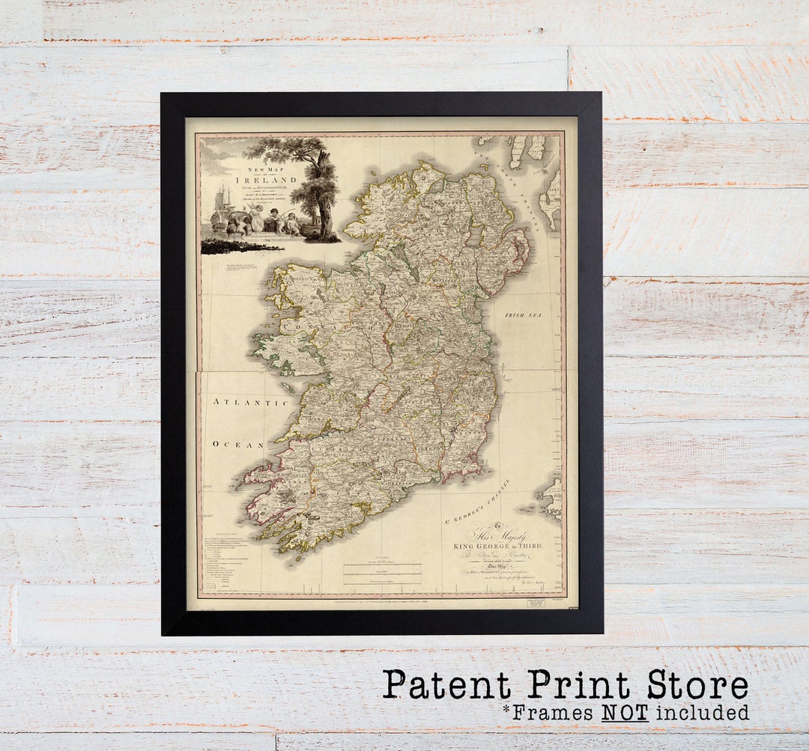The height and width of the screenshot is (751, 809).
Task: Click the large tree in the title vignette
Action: [319, 187]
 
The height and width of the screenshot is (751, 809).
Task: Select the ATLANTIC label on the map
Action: [251, 403]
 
